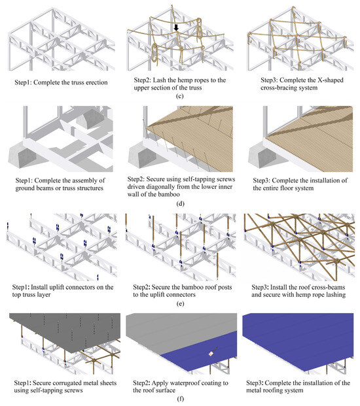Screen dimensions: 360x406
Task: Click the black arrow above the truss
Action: click(176, 27)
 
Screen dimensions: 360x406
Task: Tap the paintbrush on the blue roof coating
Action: click(213, 352)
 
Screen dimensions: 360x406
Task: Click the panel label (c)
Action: click(179, 96)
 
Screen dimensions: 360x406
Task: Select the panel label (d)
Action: click(180, 204)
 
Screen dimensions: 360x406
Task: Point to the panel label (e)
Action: click(180, 303)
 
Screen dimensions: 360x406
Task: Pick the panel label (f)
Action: click(180, 399)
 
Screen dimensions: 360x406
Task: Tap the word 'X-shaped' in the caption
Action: click(329, 80)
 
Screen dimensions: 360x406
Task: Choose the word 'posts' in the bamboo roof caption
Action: click(225, 287)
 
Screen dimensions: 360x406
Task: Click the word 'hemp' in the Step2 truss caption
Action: click(177, 80)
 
